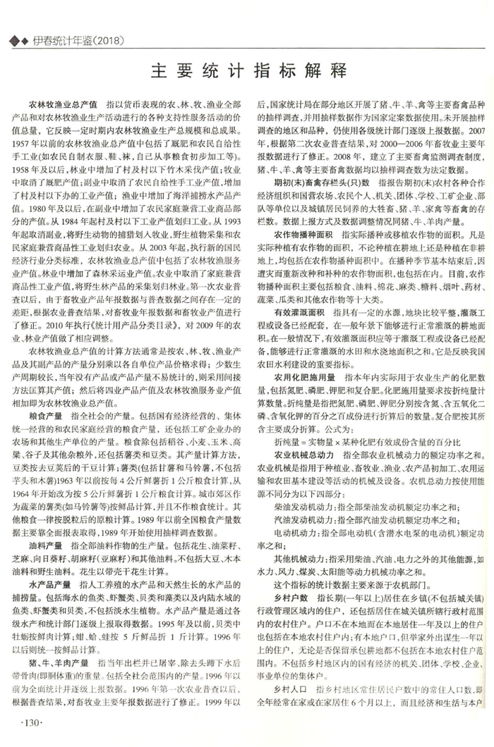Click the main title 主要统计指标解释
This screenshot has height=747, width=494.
pos(248,72)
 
